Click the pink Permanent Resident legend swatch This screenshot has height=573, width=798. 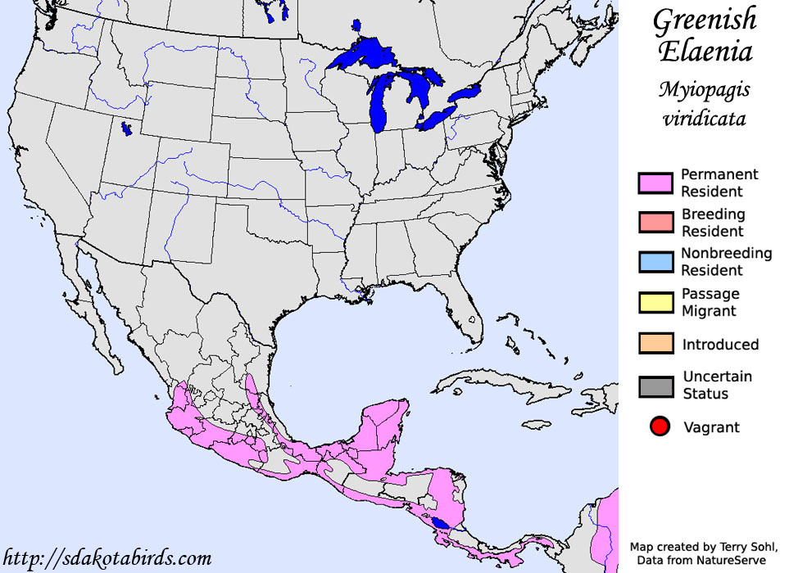(x=655, y=183)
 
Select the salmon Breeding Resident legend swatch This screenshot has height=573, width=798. (x=655, y=222)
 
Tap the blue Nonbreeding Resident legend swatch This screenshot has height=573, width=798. (x=655, y=261)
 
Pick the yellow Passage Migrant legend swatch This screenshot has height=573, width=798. (x=655, y=301)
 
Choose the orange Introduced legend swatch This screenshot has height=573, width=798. (x=655, y=344)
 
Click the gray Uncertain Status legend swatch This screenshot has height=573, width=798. (x=655, y=386)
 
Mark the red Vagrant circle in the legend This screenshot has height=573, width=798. (x=660, y=426)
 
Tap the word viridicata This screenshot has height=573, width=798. (x=704, y=118)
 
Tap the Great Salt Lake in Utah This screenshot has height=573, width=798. (x=125, y=129)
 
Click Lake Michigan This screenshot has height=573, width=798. (x=379, y=102)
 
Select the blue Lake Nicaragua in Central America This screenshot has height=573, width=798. (x=441, y=521)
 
